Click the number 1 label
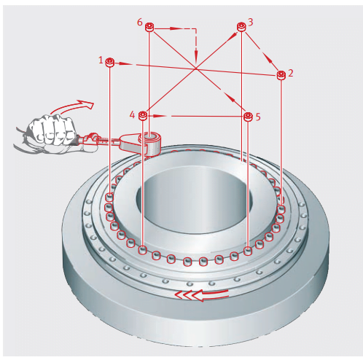point(101,60)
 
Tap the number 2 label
point(290,73)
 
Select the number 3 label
point(250,22)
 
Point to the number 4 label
point(132,114)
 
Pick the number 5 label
point(258,117)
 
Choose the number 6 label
point(140,22)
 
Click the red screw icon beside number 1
point(110,63)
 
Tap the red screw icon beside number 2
point(281,75)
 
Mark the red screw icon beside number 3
point(241,27)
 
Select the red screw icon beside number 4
point(143,116)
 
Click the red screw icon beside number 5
point(248,117)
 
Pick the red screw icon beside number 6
point(149,27)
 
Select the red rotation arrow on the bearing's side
point(202,295)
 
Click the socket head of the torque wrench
point(152,144)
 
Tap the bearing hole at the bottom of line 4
point(143,250)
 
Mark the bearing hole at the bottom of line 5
point(248,250)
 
